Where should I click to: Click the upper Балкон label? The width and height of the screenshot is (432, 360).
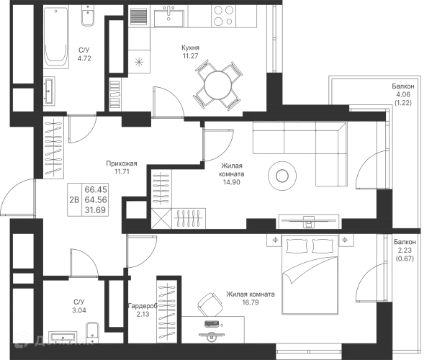click(x=404, y=92)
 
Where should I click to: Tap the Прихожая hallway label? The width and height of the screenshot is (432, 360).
click(x=120, y=165)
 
